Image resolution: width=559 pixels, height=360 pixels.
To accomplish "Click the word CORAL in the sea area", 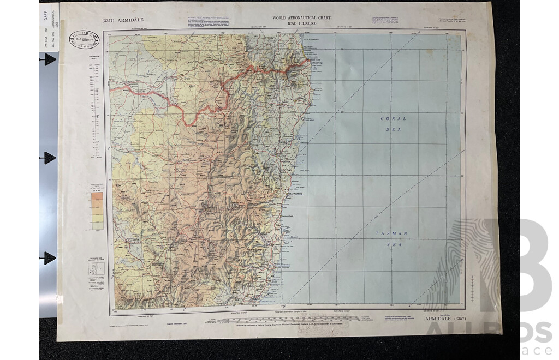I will point(393,118).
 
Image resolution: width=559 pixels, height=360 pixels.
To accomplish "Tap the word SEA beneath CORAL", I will point(393,130).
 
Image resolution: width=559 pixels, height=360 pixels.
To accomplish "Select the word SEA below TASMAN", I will point(393,245).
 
